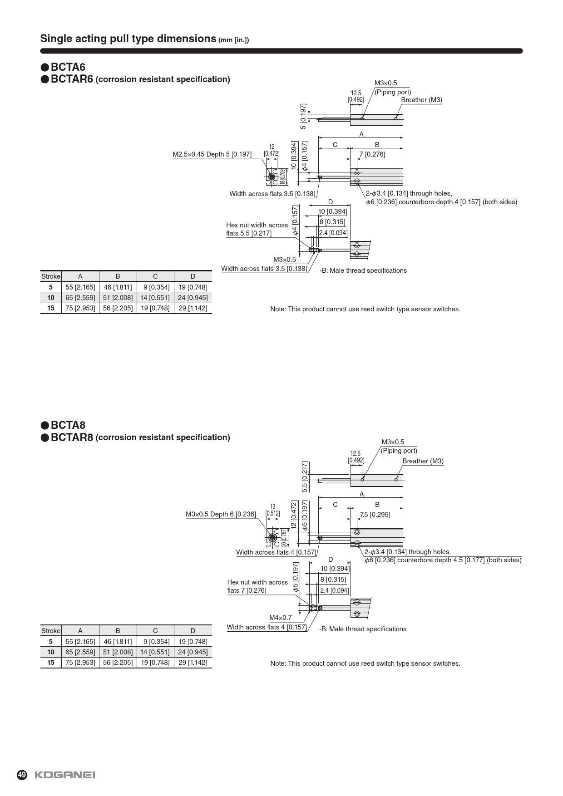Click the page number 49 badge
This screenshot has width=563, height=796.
click(22, 775)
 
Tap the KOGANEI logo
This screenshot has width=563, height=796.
click(65, 775)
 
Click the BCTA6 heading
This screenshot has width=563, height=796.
click(68, 67)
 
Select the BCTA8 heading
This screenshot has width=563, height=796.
click(68, 425)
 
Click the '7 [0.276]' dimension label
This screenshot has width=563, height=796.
click(372, 154)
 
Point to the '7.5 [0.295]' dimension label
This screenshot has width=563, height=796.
click(375, 514)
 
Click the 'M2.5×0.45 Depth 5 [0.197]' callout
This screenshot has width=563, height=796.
click(212, 154)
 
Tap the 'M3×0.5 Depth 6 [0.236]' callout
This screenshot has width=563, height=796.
click(221, 514)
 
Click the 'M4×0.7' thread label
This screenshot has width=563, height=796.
click(281, 618)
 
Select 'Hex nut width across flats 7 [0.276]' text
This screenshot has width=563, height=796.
click(257, 586)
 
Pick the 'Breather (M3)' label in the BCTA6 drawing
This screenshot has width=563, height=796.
click(421, 100)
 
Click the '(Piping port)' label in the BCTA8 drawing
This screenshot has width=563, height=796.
click(399, 451)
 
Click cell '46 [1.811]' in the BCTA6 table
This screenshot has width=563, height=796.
click(118, 287)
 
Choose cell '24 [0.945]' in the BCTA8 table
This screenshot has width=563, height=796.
click(193, 652)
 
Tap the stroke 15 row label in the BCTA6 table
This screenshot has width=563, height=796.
click(50, 308)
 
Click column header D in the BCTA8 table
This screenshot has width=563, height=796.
click(193, 630)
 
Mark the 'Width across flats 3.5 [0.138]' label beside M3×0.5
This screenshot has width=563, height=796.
click(264, 269)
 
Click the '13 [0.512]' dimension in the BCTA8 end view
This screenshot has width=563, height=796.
click(272, 510)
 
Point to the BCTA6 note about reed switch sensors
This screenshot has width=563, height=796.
click(365, 309)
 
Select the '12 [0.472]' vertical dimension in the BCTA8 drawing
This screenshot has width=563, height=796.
click(294, 515)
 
